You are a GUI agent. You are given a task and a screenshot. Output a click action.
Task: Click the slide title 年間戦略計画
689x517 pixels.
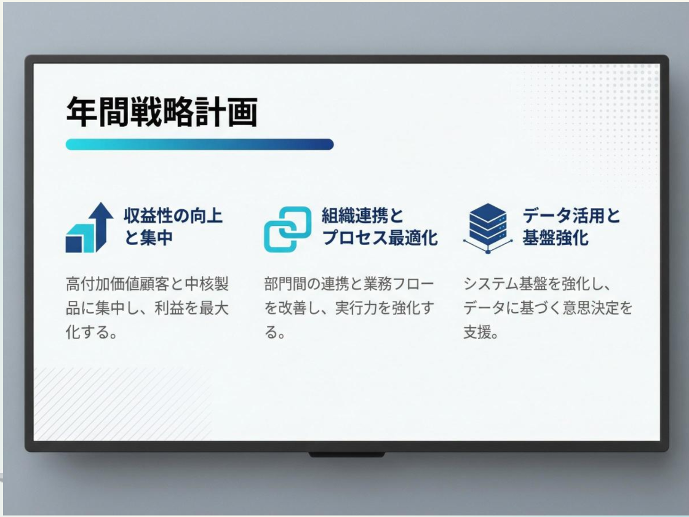(x=161, y=112)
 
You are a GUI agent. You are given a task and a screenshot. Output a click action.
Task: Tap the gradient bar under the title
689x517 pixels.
(x=199, y=145)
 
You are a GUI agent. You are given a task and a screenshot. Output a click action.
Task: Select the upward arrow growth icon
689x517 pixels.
(x=89, y=228)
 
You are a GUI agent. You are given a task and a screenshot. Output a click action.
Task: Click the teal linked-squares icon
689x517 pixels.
(x=287, y=228)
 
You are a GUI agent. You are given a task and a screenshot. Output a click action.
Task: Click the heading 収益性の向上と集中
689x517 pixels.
(x=173, y=226)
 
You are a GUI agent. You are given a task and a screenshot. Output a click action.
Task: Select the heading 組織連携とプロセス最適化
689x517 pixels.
(x=380, y=226)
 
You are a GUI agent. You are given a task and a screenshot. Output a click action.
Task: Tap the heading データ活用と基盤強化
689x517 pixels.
(x=572, y=226)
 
